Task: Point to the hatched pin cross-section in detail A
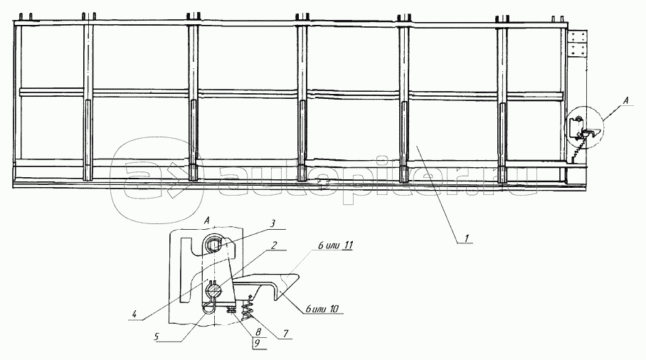pos(213,290)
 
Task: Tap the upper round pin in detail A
pos(215,246)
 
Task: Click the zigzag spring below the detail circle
pos(575,152)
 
